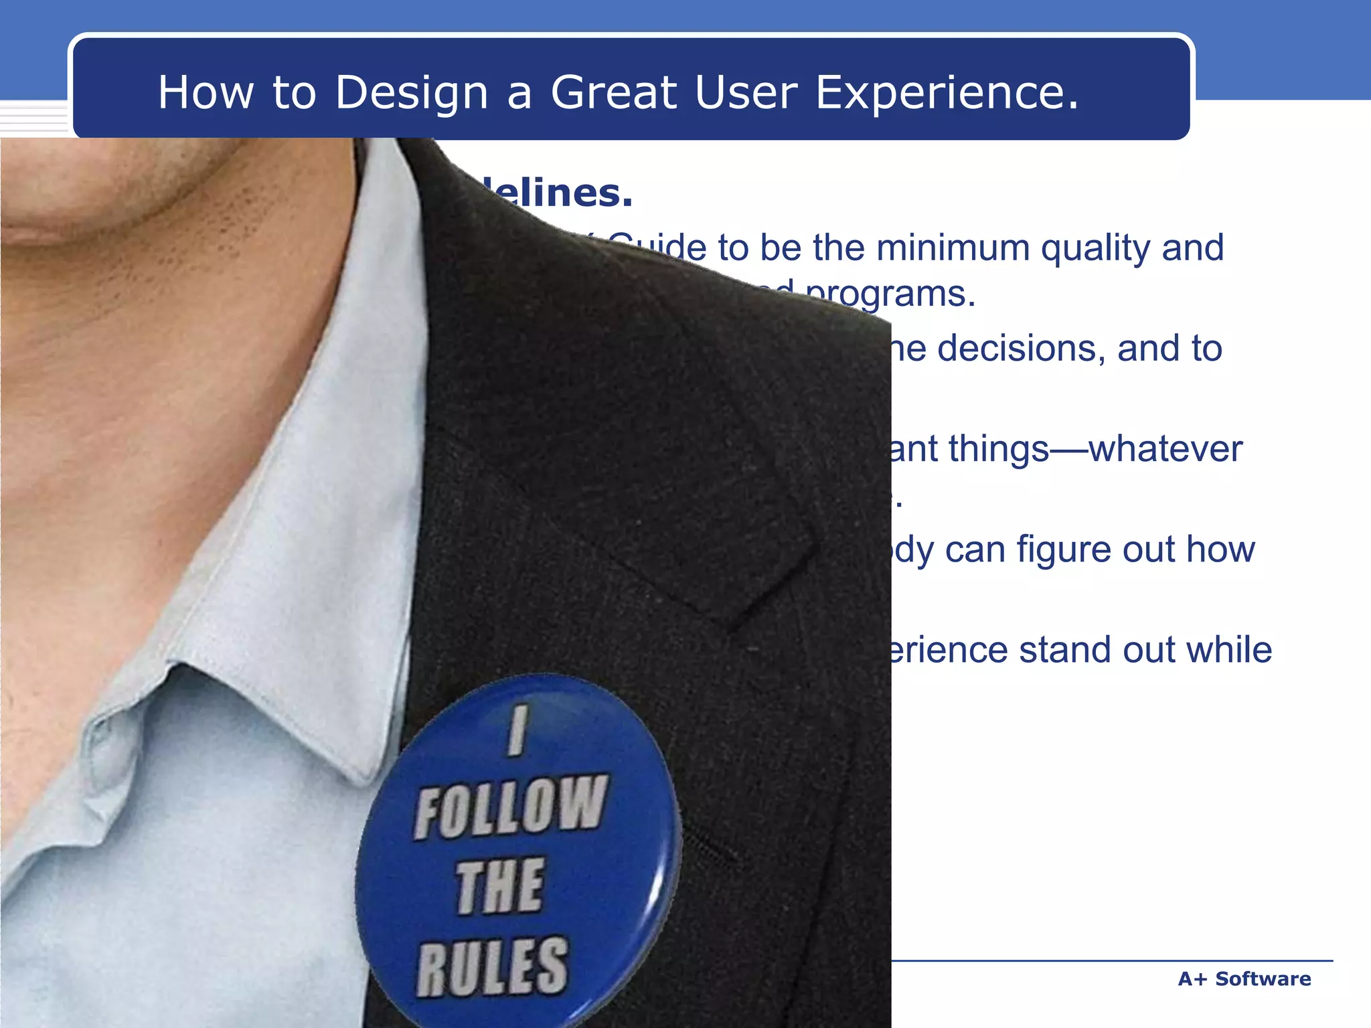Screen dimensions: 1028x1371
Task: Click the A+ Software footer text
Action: tap(1244, 978)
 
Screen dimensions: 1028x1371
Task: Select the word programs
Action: tap(890, 294)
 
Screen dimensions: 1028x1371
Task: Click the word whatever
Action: tap(1165, 449)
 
